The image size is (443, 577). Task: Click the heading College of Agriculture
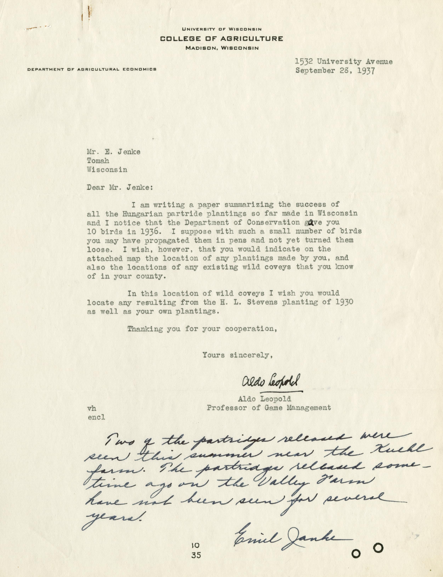pyautogui.click(x=221, y=39)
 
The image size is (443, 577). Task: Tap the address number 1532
pyautogui.click(x=304, y=62)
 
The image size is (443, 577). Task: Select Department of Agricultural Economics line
pyautogui.click(x=92, y=69)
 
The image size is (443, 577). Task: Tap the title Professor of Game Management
pyautogui.click(x=269, y=408)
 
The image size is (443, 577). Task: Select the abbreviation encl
pyautogui.click(x=96, y=417)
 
